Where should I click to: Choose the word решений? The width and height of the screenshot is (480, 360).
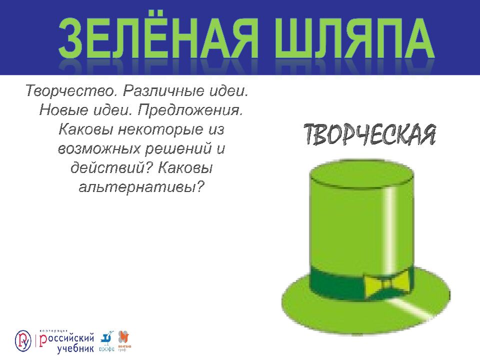[173, 148]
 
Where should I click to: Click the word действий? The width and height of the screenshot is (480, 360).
[110, 167]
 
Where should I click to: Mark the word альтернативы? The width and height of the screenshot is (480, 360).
[141, 186]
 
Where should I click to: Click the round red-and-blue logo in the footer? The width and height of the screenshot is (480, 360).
[23, 340]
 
